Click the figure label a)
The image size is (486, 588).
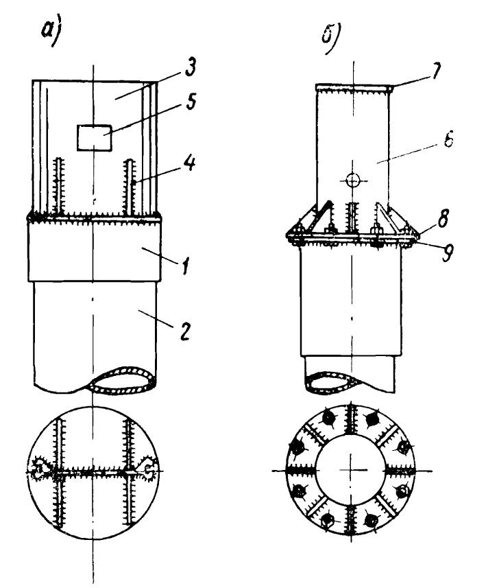51,33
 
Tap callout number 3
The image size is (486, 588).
190,67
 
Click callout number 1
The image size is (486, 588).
184,264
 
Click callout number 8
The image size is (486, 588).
443,219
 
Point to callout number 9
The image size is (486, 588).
446,252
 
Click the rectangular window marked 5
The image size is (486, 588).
95,138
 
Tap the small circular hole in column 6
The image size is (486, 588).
352,180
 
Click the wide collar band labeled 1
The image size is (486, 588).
95,250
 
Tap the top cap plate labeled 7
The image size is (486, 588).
353,87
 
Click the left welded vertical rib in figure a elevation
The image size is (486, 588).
59,187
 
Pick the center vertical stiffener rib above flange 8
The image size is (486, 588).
352,218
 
